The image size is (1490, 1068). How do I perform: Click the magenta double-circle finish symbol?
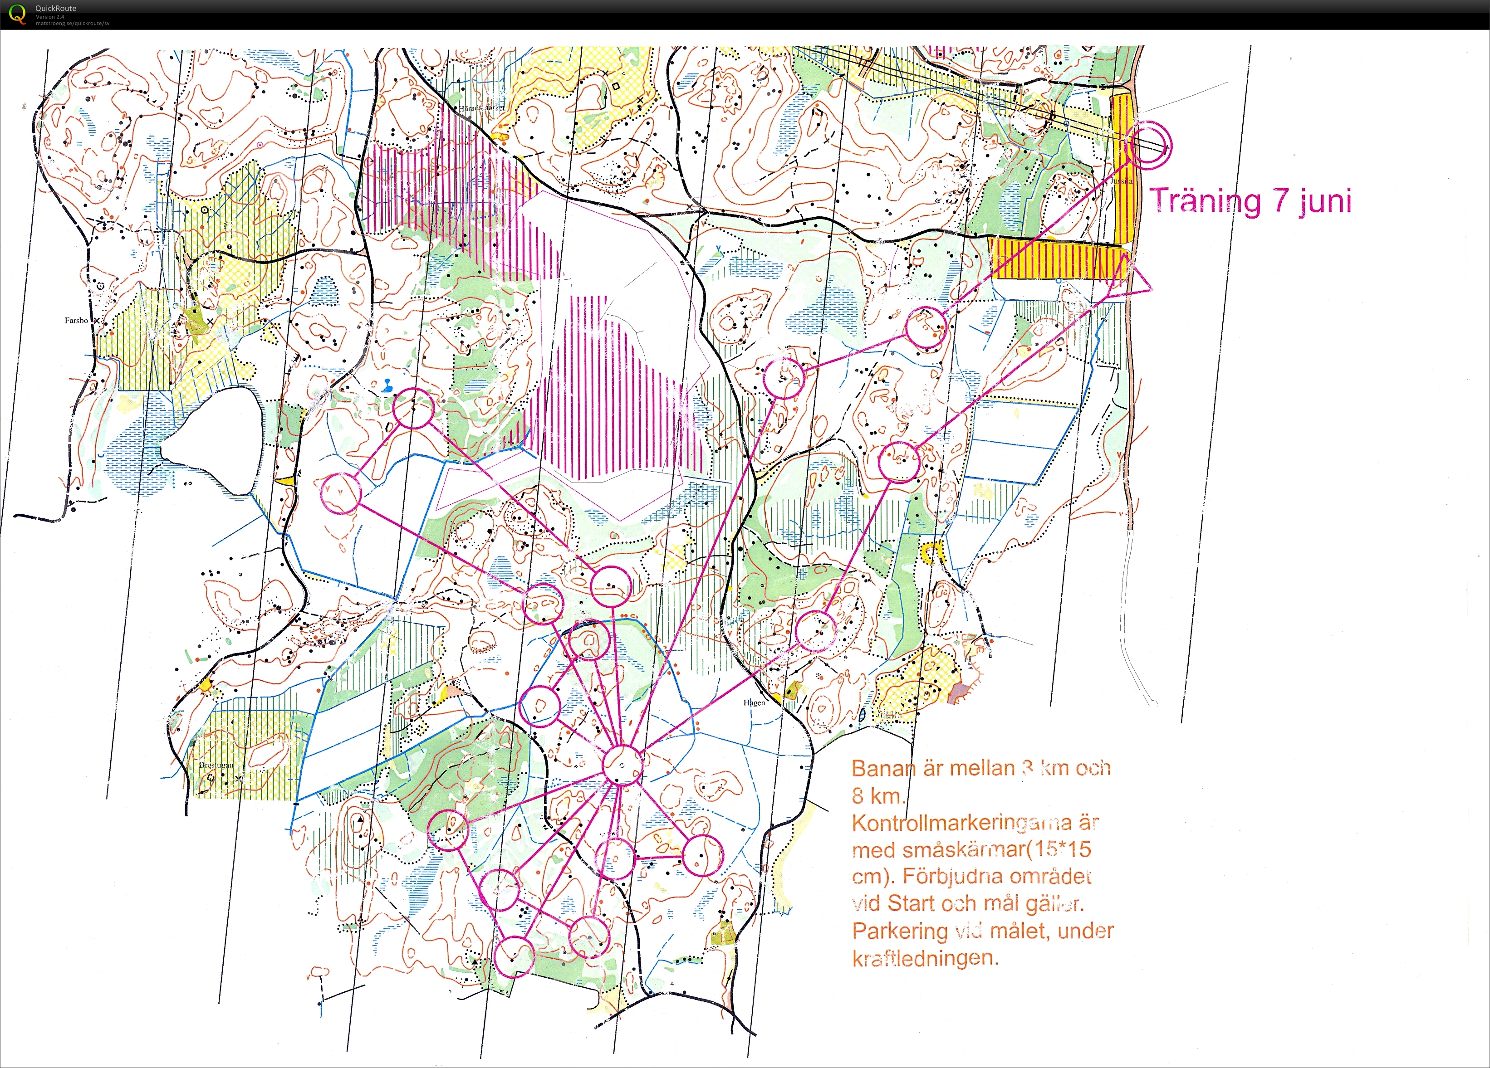tap(1148, 145)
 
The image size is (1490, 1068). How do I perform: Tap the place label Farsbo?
tap(76, 321)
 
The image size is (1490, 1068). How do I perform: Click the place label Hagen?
tap(754, 703)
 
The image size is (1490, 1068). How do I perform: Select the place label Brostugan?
tap(216, 765)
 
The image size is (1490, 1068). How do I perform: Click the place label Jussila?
tap(1122, 180)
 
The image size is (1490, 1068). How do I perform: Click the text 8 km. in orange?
tap(877, 796)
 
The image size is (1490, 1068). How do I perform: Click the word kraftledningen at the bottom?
tap(925, 958)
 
